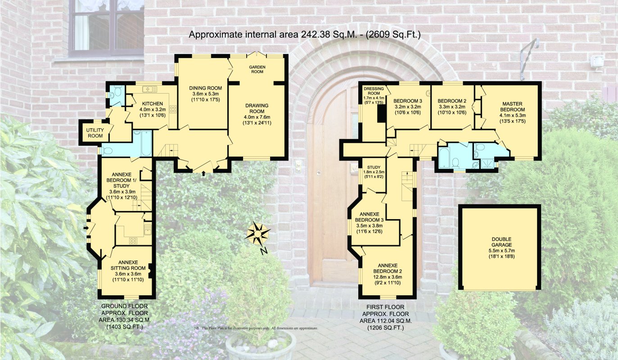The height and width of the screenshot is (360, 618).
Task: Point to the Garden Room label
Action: (257, 69)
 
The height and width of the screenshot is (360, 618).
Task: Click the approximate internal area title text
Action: (304, 34)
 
